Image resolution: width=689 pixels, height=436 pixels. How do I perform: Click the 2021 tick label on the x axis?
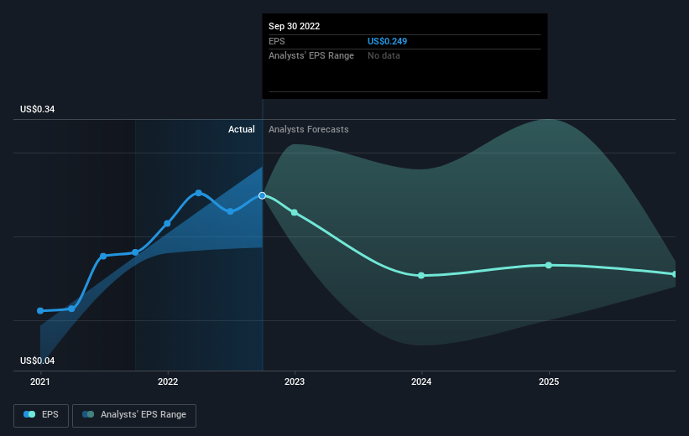point(40,381)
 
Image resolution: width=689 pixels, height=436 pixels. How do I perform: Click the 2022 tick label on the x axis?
point(168,381)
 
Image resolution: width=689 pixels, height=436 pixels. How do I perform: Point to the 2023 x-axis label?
point(295,381)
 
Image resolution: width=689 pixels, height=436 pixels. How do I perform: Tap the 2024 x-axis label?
point(421,381)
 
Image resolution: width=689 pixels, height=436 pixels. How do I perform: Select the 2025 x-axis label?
point(549,381)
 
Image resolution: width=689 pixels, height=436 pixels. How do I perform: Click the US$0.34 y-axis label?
point(38,110)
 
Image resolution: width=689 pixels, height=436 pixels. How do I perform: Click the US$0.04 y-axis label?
point(38,361)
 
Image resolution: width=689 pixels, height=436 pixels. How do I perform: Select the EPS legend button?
point(41,414)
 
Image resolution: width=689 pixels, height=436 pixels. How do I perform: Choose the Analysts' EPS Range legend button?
point(134,414)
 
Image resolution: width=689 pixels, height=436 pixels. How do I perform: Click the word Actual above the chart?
point(241,129)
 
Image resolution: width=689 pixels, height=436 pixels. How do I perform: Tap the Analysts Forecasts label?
point(308,129)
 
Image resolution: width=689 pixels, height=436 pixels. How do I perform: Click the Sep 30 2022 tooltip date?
point(294,26)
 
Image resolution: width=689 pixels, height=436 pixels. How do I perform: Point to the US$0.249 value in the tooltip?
point(387,41)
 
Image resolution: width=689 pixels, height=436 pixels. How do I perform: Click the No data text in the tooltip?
point(384,55)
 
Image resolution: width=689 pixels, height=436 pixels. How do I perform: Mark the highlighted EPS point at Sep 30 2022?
point(263,195)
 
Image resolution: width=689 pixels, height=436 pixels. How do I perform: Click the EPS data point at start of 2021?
point(40,311)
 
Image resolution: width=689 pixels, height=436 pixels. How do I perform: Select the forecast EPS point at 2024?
point(421,275)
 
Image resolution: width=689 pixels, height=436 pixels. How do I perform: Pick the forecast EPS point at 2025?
point(549,265)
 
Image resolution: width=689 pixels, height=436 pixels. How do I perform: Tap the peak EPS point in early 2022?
point(199,193)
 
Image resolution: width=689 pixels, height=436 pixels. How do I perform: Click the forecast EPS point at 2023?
point(295,212)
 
